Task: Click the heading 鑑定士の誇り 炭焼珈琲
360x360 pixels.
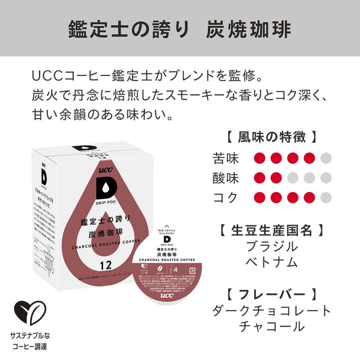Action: tap(180, 29)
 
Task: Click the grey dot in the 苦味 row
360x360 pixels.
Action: tap(326, 158)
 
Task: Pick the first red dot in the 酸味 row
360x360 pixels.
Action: tap(260, 178)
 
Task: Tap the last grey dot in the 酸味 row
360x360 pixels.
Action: tap(326, 178)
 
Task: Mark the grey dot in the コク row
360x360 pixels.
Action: tap(326, 197)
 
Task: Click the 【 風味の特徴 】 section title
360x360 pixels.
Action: tap(272, 137)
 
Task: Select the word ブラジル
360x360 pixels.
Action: tap(272, 246)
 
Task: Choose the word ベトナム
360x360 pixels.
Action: tap(272, 262)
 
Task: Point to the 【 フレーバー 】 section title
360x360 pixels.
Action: tap(272, 294)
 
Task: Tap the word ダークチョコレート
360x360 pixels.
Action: tap(272, 310)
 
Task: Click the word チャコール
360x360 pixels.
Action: tap(272, 326)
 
